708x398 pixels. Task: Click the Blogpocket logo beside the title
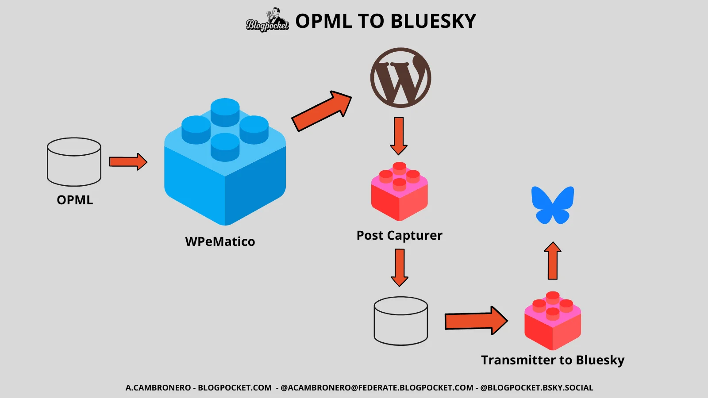(267, 21)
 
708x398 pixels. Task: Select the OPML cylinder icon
(74, 162)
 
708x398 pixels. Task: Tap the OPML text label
(75, 200)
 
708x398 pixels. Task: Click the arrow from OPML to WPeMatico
(128, 162)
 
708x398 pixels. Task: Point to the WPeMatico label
(220, 241)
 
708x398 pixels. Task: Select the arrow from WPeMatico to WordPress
(322, 111)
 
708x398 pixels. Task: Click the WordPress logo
(400, 78)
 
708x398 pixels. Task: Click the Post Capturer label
(399, 235)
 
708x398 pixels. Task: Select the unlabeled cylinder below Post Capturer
(400, 321)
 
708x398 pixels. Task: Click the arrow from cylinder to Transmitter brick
(476, 321)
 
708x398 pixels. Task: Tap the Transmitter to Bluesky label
(553, 360)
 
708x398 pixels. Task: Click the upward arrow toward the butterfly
(553, 261)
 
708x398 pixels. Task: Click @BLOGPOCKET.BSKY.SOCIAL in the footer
(536, 388)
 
